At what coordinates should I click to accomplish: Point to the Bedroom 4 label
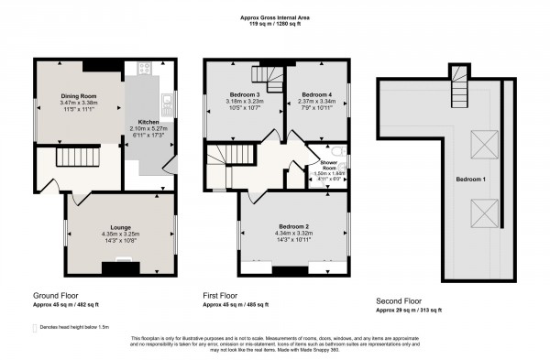tap(316, 94)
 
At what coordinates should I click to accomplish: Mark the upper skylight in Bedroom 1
tap(477, 142)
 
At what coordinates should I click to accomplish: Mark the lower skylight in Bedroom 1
tap(477, 215)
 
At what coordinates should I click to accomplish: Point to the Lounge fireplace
tap(119, 267)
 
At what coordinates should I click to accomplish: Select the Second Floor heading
tap(400, 300)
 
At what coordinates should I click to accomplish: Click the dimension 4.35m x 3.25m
tap(119, 235)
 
